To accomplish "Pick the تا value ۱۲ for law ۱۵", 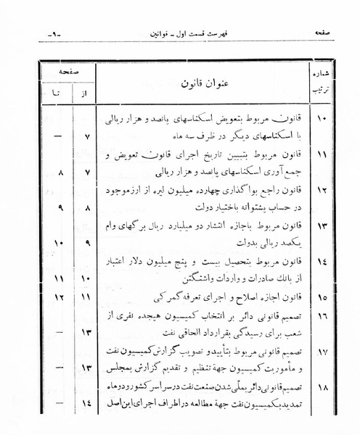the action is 59,298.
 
